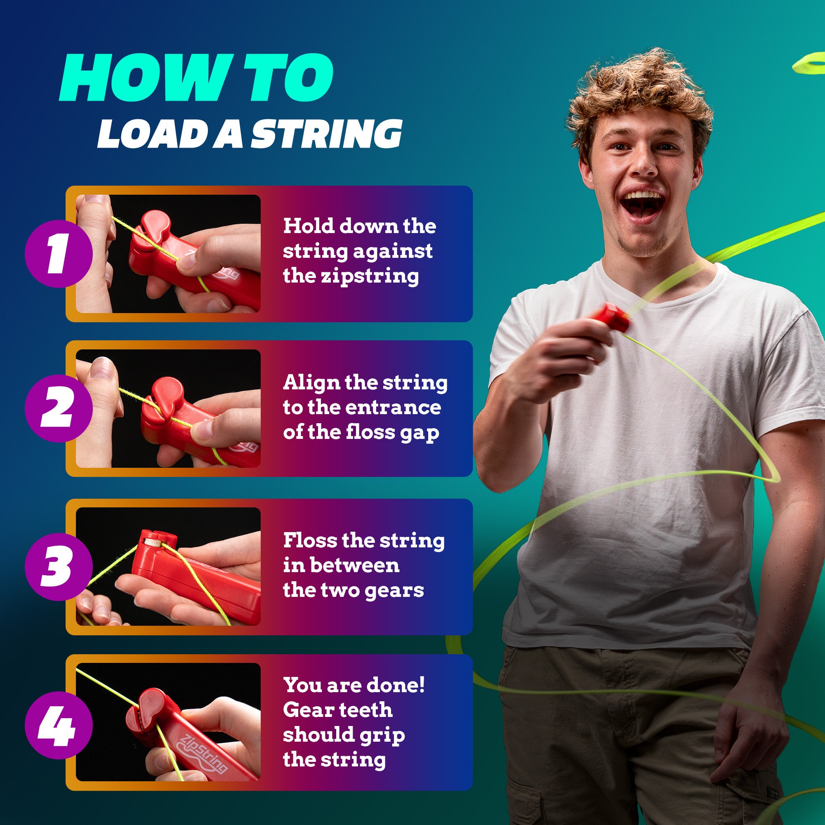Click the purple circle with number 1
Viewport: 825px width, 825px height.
(x=59, y=254)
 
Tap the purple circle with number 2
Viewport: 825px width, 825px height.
(x=59, y=408)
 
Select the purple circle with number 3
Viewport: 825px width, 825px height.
(x=59, y=566)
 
